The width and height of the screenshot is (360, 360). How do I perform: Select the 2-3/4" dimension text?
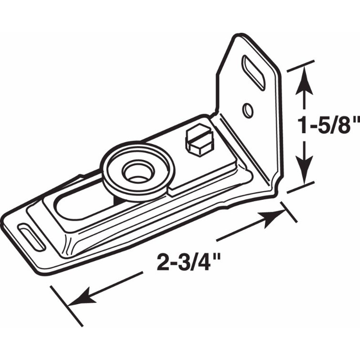188,261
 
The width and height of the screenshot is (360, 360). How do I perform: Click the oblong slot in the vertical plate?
254,72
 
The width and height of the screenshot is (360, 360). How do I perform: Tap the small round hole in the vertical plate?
247,110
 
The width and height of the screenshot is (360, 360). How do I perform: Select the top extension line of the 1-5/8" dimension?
301,66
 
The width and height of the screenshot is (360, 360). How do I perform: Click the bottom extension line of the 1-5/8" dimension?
300,185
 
